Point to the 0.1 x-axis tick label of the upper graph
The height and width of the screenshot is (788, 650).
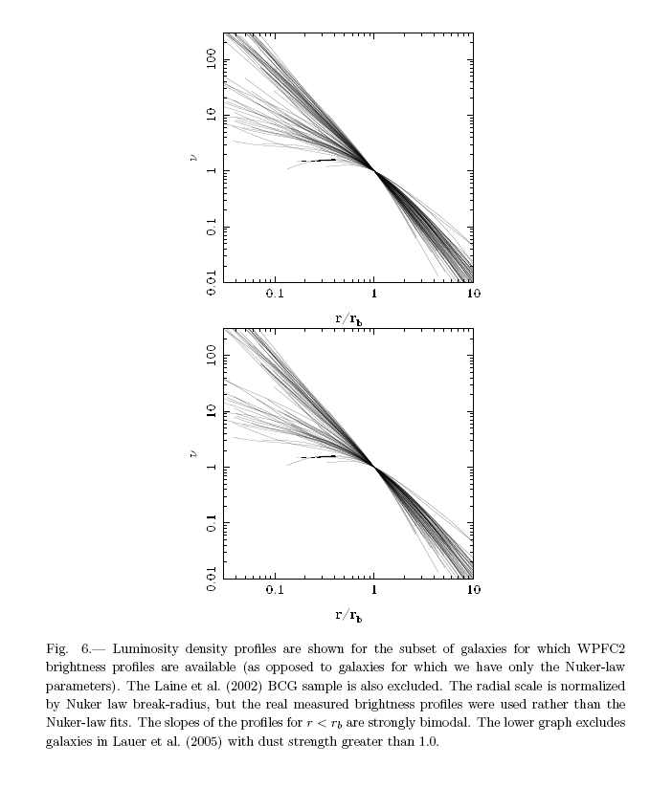(x=275, y=295)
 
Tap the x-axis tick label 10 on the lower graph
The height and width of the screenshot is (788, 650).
(x=473, y=590)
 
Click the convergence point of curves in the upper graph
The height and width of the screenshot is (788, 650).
(x=373, y=170)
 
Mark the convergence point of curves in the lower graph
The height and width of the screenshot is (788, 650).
(x=373, y=467)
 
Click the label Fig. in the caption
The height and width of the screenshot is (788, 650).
(x=56, y=647)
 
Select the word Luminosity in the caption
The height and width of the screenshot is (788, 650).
(x=146, y=647)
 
